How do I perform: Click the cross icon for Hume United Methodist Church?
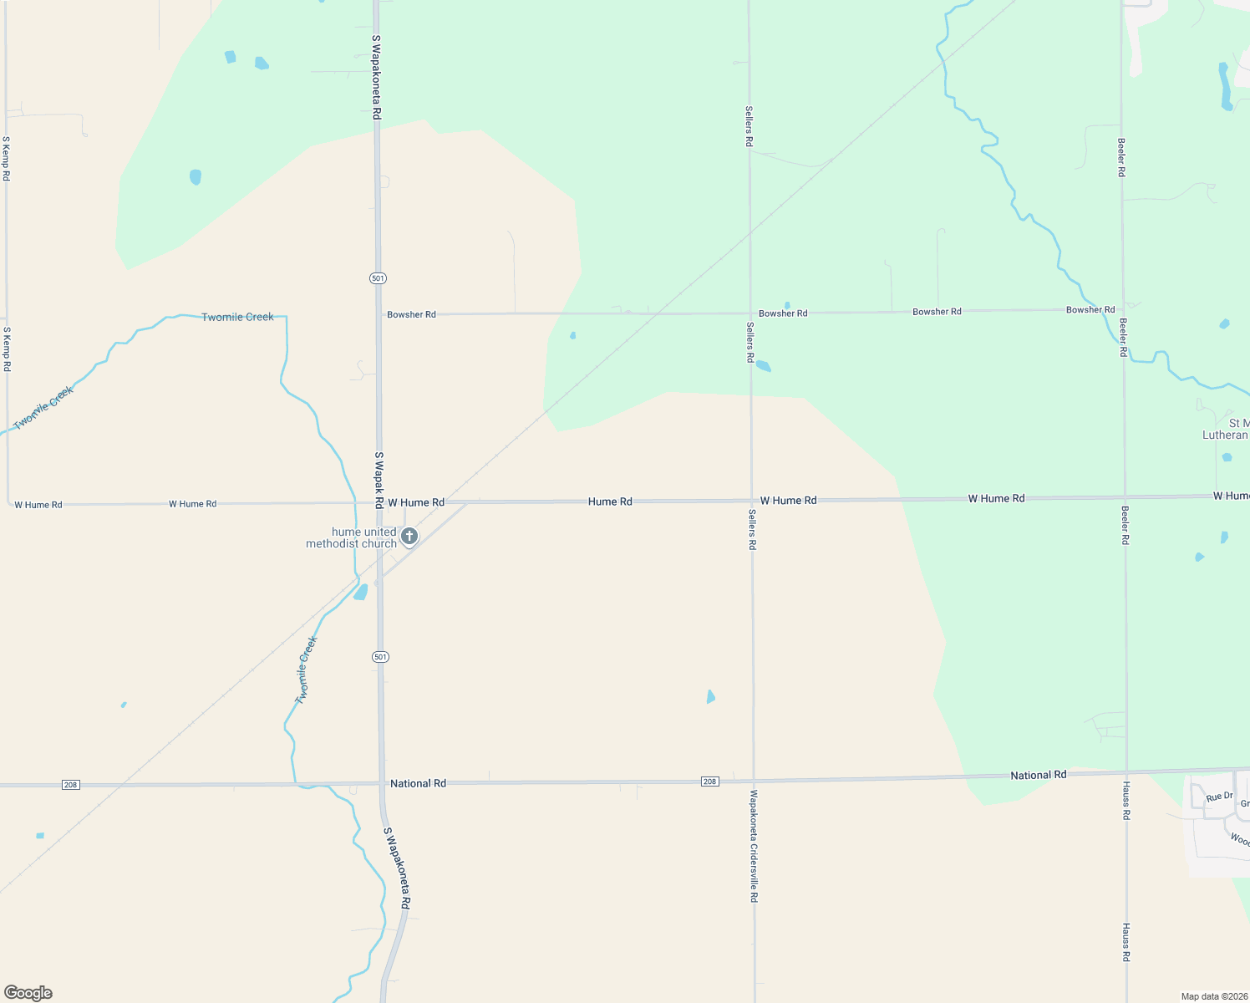coord(409,536)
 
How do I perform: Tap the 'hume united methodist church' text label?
coord(352,537)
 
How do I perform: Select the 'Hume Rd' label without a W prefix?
coord(610,501)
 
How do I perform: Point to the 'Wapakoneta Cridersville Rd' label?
coord(754,846)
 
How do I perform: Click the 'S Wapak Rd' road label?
coord(379,481)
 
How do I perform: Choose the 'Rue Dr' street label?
coord(1219,797)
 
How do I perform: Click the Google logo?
coord(28,993)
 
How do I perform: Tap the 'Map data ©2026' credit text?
coord(1213,996)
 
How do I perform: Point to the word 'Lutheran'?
coord(1225,435)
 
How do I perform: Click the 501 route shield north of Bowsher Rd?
coord(379,277)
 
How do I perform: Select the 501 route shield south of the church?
coord(381,657)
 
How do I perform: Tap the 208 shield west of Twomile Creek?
coord(71,785)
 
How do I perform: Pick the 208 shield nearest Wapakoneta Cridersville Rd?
coord(709,782)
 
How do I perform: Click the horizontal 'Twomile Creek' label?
coord(237,317)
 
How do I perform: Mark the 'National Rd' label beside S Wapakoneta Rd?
coord(418,783)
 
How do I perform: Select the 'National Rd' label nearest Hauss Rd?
coord(1038,775)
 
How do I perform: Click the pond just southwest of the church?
coord(361,592)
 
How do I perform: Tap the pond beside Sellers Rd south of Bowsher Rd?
coord(763,366)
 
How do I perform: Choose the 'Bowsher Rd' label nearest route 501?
coord(411,314)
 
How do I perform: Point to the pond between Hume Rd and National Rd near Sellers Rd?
coord(710,696)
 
